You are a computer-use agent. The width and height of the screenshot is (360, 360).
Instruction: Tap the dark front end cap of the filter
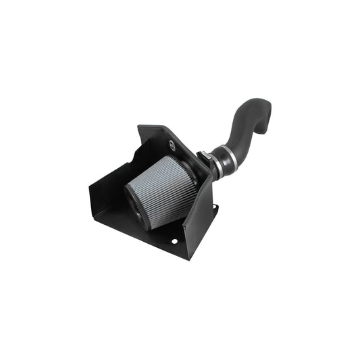(x=134, y=205)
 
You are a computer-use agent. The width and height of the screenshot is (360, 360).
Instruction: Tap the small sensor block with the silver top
(x=201, y=157)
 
